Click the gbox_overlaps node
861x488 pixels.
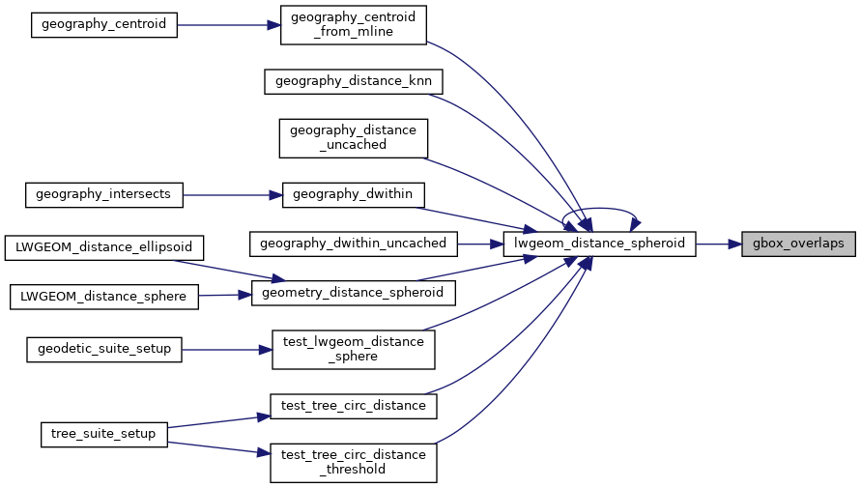point(799,244)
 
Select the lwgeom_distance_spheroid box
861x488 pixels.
point(599,244)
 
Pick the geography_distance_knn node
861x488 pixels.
point(353,81)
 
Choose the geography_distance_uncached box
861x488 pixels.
point(353,137)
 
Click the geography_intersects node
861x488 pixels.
point(103,194)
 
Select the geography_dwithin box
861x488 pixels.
point(353,194)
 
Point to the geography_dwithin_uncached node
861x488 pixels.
point(353,244)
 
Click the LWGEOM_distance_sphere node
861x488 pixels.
point(103,296)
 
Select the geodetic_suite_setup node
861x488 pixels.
point(103,349)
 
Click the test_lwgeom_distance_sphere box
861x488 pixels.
point(353,349)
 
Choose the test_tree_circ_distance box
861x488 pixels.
point(353,405)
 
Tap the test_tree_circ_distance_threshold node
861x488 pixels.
point(353,462)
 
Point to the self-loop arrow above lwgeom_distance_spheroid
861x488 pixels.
point(599,209)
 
